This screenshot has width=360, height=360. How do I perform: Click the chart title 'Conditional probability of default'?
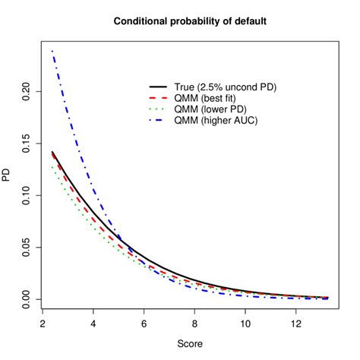tap(190, 21)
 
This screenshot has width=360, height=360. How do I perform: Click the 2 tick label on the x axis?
tap(42, 323)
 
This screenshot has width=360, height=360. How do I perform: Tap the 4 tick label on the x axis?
tap(93, 323)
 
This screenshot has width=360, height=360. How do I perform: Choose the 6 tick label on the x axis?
tap(144, 323)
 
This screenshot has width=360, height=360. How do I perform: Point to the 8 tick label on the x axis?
tap(195, 323)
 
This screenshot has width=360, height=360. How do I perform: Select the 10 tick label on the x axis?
tap(247, 323)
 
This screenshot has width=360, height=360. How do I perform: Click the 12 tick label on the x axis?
tap(298, 323)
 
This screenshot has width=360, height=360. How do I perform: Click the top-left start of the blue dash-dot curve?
tap(52, 51)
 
